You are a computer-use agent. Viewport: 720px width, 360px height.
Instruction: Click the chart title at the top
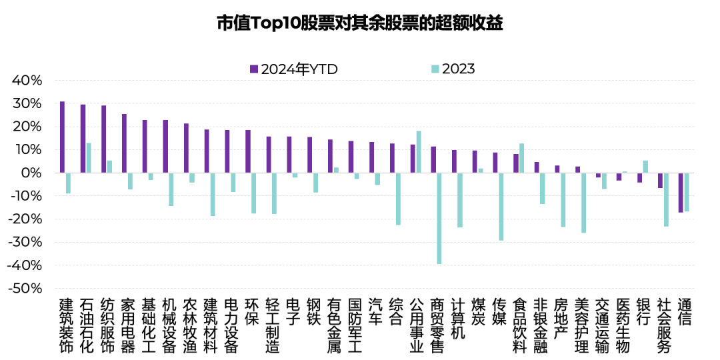(x=359, y=23)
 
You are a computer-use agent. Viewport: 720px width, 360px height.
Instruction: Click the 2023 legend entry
(x=453, y=69)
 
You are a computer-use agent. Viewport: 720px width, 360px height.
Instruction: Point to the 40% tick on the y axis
(x=27, y=81)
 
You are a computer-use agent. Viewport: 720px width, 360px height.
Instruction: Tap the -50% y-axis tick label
(x=25, y=289)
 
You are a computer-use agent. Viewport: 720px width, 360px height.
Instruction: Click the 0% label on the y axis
(x=31, y=173)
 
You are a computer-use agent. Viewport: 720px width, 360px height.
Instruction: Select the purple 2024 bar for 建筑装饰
(x=62, y=137)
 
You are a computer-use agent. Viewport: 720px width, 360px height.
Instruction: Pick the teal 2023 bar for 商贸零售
(x=439, y=219)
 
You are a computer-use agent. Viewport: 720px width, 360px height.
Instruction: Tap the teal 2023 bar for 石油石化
(x=89, y=158)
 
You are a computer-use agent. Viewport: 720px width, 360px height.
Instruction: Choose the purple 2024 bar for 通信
(x=681, y=193)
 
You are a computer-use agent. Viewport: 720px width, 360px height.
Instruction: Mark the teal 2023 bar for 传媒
(x=501, y=207)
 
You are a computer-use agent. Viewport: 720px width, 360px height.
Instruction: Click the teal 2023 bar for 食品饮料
(x=521, y=158)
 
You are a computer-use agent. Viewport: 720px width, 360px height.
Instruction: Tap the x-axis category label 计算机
(x=458, y=319)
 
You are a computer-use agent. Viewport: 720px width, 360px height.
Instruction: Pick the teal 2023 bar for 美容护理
(x=583, y=203)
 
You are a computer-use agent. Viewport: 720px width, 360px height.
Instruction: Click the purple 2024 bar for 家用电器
(x=124, y=143)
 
